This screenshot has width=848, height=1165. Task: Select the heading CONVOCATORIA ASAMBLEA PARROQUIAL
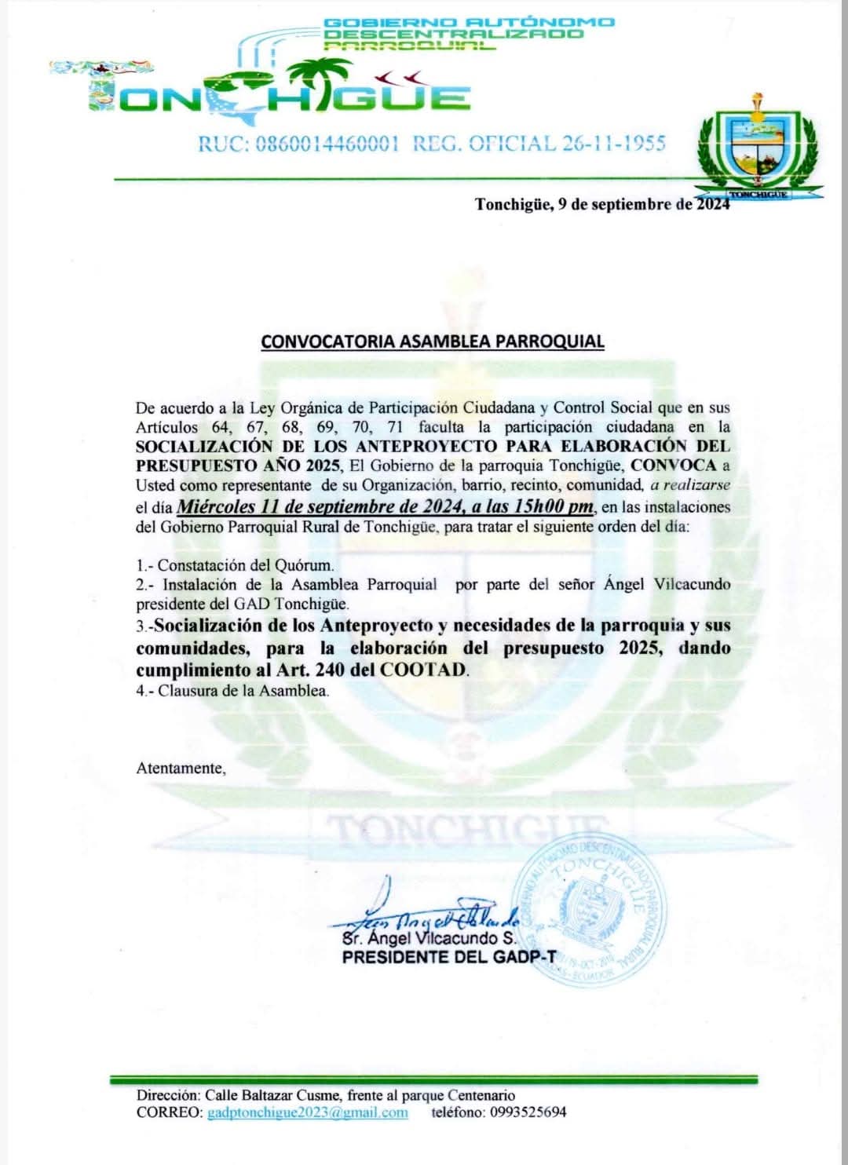433,341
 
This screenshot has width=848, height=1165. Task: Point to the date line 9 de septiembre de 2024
602,205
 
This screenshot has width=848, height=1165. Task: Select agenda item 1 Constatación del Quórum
236,564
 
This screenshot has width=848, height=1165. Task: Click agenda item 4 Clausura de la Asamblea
232,691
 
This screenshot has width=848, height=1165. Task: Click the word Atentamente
181,768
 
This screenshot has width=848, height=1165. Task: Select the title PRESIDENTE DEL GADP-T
448,957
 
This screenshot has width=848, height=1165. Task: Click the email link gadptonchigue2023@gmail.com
307,1112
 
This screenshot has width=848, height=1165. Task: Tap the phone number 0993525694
528,1112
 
